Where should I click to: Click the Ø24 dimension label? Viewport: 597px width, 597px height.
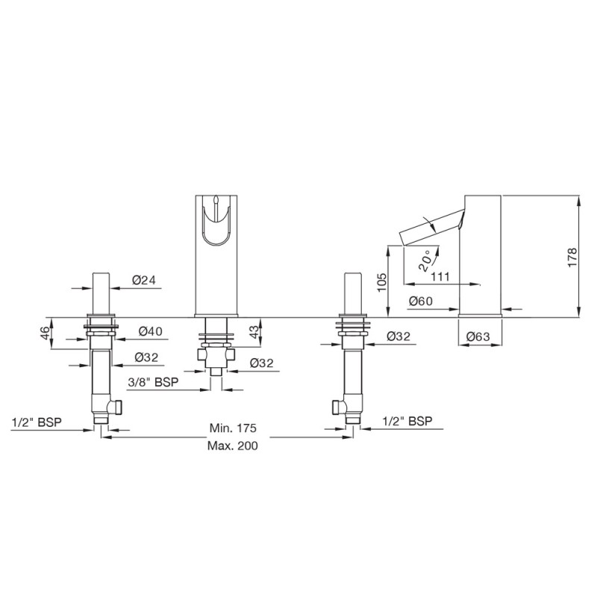(143, 280)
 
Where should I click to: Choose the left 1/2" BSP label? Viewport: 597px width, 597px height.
(37, 422)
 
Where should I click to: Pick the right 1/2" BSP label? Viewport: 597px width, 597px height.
(407, 422)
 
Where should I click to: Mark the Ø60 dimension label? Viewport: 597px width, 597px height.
(421, 301)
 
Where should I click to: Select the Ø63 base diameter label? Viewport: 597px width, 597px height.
(477, 337)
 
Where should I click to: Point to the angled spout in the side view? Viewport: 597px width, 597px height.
(431, 226)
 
